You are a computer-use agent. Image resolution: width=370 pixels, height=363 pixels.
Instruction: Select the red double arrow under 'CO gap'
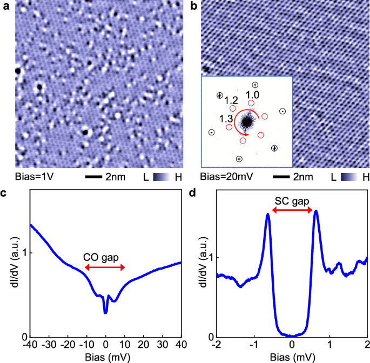[x=105, y=268]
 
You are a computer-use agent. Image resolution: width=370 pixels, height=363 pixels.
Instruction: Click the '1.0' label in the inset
[x=252, y=95]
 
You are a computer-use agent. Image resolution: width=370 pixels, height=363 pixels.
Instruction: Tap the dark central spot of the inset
[x=247, y=122]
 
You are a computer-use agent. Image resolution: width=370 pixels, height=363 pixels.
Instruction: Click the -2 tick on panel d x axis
[x=217, y=344]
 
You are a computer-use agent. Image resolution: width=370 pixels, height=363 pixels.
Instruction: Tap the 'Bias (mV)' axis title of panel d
[x=292, y=356]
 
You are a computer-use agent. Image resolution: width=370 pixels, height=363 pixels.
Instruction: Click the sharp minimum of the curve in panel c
[x=106, y=312]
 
